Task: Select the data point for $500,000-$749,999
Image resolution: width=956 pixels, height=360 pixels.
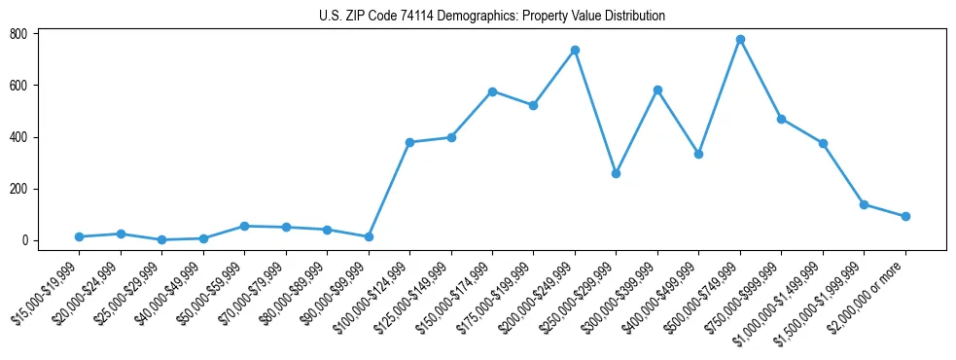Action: pos(740,39)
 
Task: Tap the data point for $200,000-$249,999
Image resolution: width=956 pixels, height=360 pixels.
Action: pos(575,50)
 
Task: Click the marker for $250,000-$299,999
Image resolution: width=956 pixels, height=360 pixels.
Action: pos(616,173)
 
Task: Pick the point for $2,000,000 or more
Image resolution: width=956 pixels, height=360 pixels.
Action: pos(905,216)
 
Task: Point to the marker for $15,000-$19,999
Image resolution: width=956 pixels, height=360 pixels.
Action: pos(79,236)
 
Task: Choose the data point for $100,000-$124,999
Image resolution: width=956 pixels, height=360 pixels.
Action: pos(409,142)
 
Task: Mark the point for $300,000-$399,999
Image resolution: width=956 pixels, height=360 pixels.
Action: pos(657,90)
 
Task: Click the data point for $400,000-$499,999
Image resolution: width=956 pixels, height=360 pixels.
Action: pos(698,154)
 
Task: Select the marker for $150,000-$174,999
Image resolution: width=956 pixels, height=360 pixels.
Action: pos(492,91)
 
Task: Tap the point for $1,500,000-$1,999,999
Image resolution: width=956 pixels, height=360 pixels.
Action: pos(864,204)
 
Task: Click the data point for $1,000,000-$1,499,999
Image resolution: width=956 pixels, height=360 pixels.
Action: pos(823,143)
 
